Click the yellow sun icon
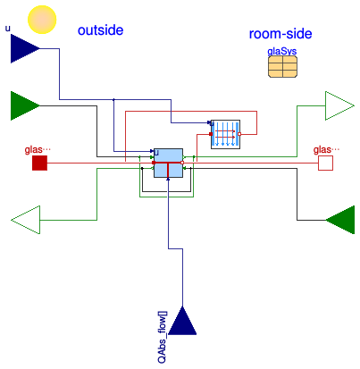coord(42,20)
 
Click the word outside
coord(100,30)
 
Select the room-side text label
coord(280,34)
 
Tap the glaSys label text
coord(282,52)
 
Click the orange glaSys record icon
coord(282,66)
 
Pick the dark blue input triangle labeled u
coord(25,48)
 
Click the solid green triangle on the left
coord(25,105)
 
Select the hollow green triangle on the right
coord(339,105)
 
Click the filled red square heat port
coord(39,163)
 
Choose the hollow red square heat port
coord(325,164)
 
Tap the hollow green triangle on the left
coord(25,220)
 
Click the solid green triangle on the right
coord(340,220)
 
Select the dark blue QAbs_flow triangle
coord(182,321)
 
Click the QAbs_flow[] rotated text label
coord(163,338)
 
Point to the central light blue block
coord(168,163)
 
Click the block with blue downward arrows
coord(225,134)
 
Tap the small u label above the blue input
coord(8,29)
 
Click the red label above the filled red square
coord(38,149)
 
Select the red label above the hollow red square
coord(326,149)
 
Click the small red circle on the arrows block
coord(239,134)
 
